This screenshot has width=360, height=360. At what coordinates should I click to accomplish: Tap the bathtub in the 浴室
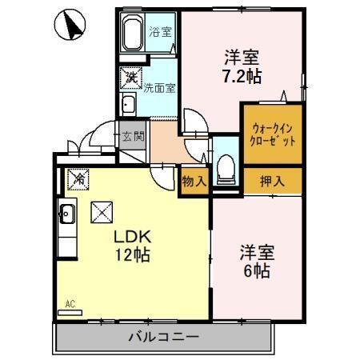coord(133,34)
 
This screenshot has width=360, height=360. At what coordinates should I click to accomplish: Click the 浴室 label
coord(160,33)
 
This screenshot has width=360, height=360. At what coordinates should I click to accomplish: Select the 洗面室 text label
coord(159,89)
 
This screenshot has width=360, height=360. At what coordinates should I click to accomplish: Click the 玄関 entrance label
coord(133,136)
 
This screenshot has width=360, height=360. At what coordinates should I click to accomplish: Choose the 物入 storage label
coord(194,181)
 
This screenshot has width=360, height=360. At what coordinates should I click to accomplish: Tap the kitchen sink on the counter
coord(66,214)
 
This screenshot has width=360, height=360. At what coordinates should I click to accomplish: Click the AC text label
coord(70,304)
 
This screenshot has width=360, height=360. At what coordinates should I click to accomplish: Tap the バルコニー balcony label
coord(164,336)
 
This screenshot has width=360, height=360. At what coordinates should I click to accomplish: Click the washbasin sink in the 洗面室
coord(128,105)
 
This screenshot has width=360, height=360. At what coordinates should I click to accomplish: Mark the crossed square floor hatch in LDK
coord(102,213)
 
